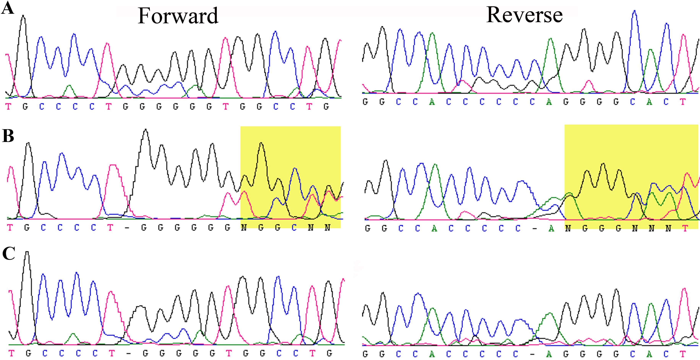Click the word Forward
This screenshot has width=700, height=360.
pyautogui.click(x=178, y=16)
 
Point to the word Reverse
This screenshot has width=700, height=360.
pyautogui.click(x=524, y=15)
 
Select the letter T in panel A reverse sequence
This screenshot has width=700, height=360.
pyautogui.click(x=682, y=102)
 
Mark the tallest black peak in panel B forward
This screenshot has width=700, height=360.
pyautogui.click(x=146, y=130)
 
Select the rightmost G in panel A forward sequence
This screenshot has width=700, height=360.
pyautogui.click(x=326, y=106)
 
